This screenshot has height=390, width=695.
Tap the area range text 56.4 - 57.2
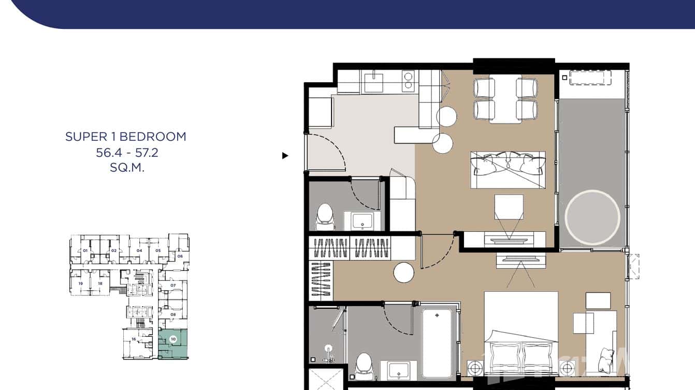pos(126,153)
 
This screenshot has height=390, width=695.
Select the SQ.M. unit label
pos(126,168)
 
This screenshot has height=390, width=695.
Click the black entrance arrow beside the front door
pos(285,155)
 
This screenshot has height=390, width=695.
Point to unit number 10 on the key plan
pos(173,339)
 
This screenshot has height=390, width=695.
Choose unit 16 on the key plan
pos(134,339)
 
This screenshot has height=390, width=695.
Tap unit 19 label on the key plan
pos(80,283)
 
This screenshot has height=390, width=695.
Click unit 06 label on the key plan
pos(180,256)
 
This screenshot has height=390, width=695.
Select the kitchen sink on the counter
pos(373,82)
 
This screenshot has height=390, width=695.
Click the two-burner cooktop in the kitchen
pos(408,82)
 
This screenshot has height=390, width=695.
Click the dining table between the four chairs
pos(505,100)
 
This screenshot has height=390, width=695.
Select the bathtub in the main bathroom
pos(438,342)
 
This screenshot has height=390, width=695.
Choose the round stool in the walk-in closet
pos(403,273)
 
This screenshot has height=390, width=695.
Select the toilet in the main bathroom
pos(364,365)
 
